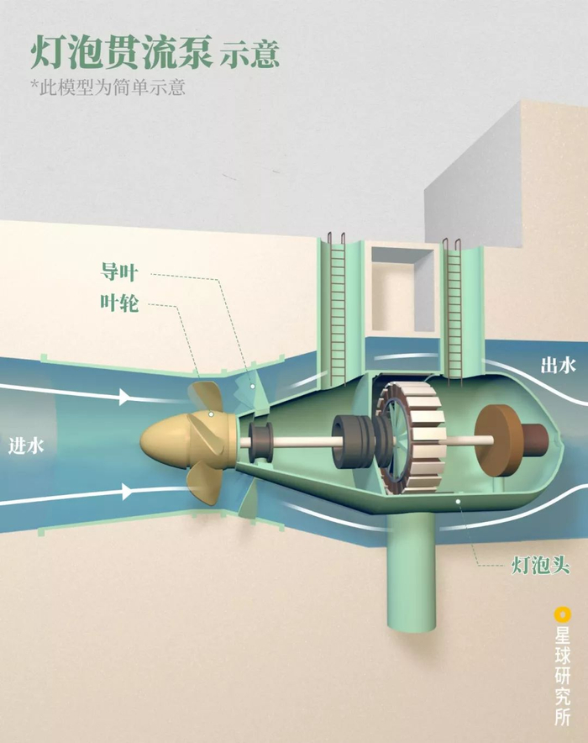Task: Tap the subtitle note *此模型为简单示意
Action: [x=108, y=87]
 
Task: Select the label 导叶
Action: [x=119, y=272]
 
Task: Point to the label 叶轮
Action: [x=119, y=303]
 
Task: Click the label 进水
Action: [x=25, y=446]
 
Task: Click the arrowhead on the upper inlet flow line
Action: [x=124, y=396]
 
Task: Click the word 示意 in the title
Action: [x=249, y=55]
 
